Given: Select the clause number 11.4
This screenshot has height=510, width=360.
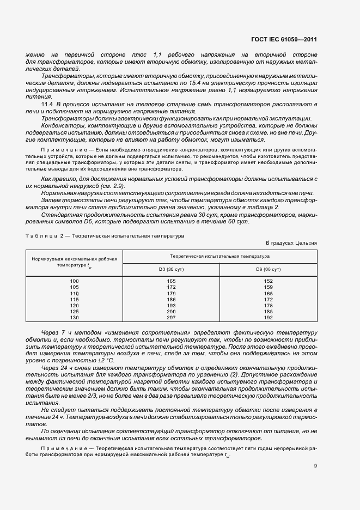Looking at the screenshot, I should (47, 104).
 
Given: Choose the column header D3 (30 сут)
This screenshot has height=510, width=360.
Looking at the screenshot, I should (171, 269).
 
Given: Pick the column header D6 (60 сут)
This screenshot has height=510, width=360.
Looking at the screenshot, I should (268, 269).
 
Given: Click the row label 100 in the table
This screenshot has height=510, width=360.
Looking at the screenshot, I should (75, 281).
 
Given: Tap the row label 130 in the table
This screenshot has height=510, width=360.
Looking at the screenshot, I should (75, 317).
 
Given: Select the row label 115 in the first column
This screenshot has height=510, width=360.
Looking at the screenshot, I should (75, 299).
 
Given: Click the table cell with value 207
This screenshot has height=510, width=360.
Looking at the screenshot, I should (171, 317).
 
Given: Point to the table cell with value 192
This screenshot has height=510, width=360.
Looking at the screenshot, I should (268, 317).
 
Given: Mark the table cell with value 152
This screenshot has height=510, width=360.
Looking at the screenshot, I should (268, 281).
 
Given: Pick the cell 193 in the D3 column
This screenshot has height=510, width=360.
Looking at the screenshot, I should (171, 305).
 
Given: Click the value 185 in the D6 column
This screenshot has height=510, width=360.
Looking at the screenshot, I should (268, 311).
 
